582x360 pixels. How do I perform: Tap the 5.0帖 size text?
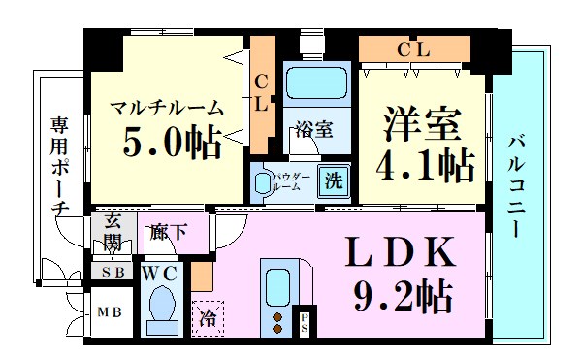(171, 143)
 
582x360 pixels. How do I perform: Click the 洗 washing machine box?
(335, 180)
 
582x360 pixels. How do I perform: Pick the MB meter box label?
(108, 313)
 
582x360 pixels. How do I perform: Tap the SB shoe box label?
(111, 273)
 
